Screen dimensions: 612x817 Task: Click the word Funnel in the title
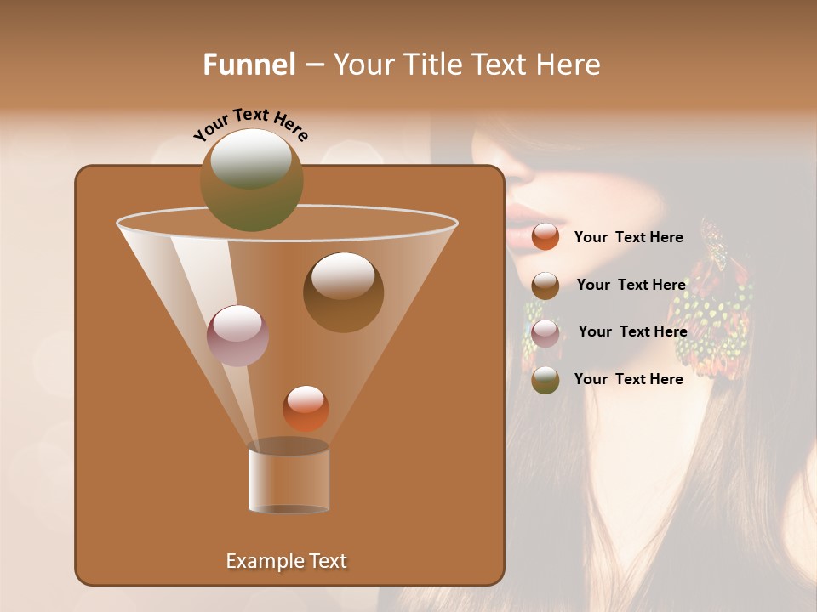click(x=249, y=65)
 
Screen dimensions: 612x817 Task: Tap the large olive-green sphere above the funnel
click(x=251, y=179)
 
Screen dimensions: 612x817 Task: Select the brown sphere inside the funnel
click(x=343, y=292)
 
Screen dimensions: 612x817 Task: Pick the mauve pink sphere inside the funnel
click(x=237, y=336)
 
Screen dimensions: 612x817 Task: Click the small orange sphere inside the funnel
click(x=306, y=408)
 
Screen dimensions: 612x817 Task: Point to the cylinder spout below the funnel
click(x=289, y=478)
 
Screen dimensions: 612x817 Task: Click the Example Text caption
click(x=286, y=561)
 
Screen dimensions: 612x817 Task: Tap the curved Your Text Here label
click(x=250, y=124)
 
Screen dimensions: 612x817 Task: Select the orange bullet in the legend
click(x=546, y=237)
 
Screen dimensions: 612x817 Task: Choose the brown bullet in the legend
click(x=546, y=286)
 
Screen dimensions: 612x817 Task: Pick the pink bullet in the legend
click(x=546, y=332)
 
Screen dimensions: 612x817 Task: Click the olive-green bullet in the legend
click(x=546, y=380)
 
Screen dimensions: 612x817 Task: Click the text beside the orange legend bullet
click(x=628, y=237)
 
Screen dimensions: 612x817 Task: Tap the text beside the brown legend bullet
click(x=631, y=285)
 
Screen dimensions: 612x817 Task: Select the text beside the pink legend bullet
click(x=632, y=331)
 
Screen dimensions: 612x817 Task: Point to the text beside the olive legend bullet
click(x=628, y=379)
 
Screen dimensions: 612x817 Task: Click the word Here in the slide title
click(x=568, y=65)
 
